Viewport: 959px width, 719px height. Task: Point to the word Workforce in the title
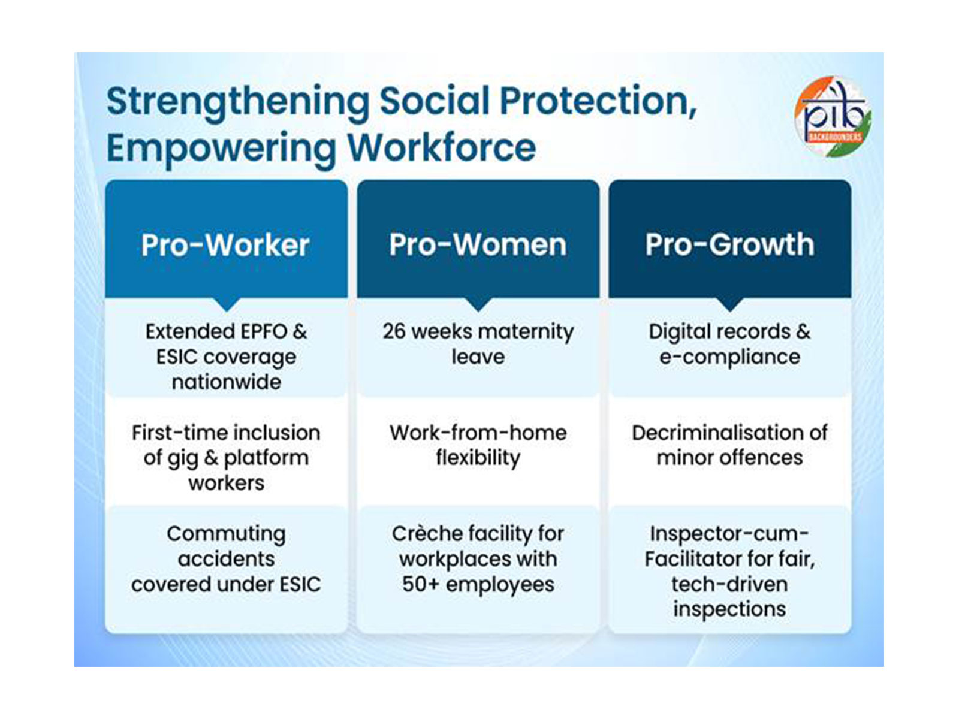pos(442,147)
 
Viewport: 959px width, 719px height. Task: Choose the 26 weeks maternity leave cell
pos(478,345)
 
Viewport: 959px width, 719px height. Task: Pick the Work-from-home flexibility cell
pos(478,445)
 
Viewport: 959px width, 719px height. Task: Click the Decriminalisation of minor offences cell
pos(729,445)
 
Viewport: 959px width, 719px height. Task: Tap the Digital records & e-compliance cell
pos(729,345)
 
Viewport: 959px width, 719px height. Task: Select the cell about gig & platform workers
pos(226,457)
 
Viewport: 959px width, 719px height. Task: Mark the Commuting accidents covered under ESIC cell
pos(226,558)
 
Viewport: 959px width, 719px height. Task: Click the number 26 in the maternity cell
pos(394,331)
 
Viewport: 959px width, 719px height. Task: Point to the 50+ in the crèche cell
pos(420,584)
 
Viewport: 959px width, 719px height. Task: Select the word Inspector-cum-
pos(729,533)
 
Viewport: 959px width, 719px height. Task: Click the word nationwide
pos(226,382)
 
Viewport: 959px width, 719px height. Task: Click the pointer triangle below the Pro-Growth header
pos(729,304)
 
